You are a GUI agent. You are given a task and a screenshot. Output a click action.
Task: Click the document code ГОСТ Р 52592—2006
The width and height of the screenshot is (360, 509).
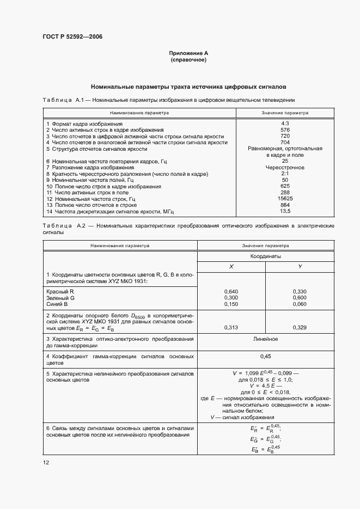pos(72,37)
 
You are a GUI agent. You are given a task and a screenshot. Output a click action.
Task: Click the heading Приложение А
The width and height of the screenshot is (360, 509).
pos(188,53)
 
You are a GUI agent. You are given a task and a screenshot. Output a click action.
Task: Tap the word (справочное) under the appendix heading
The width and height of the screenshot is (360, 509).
pos(188,59)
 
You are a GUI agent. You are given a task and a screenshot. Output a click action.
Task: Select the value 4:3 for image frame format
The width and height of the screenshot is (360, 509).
pos(285,124)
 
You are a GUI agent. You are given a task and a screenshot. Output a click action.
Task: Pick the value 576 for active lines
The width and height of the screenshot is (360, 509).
pos(285,130)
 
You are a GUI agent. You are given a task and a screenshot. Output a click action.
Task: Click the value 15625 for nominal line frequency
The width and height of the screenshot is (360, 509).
pos(285,199)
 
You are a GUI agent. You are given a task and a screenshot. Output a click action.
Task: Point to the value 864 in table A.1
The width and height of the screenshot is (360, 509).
pos(285,205)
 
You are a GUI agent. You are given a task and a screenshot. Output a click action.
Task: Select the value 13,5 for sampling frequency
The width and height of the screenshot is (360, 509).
pos(285,211)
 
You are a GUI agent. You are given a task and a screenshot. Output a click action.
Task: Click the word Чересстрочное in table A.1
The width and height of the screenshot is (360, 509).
pos(285,168)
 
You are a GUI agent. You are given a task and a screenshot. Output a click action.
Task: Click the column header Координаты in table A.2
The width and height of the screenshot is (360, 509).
pos(266,255)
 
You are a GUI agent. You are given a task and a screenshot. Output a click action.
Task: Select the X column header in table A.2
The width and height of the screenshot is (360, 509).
pos(231,266)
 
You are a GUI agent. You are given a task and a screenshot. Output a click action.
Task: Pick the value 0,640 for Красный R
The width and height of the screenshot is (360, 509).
pos(231,292)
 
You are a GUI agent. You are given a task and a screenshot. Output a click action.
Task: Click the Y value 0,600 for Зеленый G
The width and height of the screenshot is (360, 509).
pos(300,298)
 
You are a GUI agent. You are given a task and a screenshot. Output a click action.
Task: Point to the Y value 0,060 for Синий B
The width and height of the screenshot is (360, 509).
pos(300,304)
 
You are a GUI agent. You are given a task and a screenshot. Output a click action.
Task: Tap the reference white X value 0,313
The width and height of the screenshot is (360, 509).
pos(231,327)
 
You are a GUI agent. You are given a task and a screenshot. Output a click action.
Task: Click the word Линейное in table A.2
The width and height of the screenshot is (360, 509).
pos(266,339)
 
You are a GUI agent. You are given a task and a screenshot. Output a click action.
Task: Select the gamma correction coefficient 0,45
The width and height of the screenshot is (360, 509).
pos(266,356)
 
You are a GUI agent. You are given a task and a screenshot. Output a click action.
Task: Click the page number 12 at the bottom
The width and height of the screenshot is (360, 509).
pos(46,462)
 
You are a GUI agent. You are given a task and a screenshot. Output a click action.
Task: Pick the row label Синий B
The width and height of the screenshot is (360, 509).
pos(57,304)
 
